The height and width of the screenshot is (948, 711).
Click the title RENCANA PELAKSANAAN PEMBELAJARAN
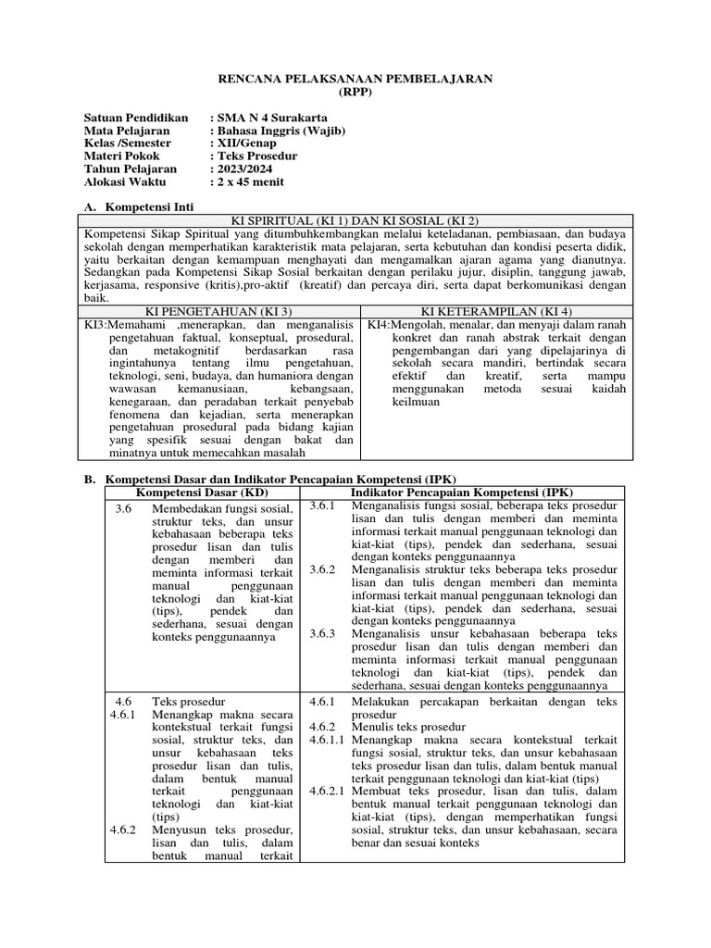click(355, 80)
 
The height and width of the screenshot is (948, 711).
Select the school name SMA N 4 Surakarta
click(268, 118)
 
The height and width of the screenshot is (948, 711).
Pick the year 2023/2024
click(246, 170)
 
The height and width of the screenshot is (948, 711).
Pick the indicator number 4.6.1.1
click(328, 741)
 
